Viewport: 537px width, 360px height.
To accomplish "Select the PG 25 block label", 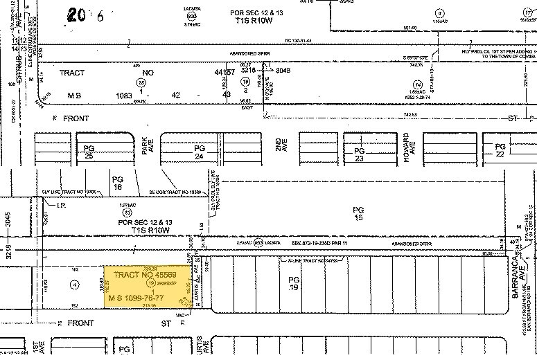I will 89,153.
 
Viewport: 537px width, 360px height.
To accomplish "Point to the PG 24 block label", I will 200,152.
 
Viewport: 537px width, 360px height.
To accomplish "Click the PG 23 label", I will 359,154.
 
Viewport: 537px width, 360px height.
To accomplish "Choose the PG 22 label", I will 501,150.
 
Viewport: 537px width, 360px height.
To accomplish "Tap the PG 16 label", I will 117,182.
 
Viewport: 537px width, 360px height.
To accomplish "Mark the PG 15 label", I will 358,213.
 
